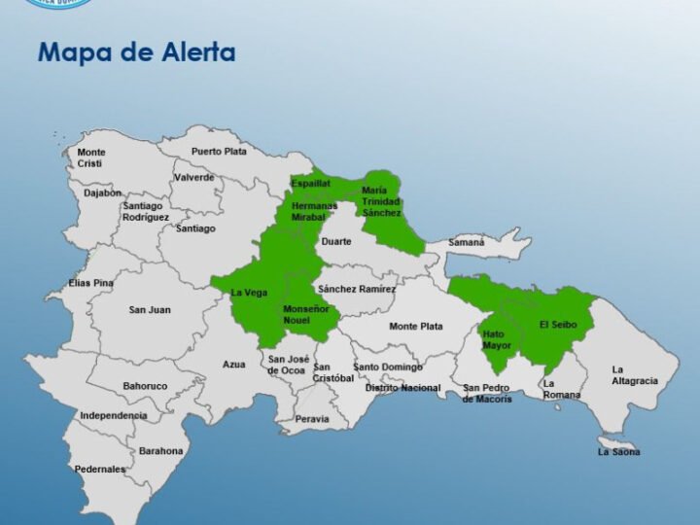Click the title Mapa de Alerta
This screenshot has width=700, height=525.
pyautogui.click(x=136, y=52)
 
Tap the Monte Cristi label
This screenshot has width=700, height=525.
pyautogui.click(x=91, y=157)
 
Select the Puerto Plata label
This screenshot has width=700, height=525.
pyautogui.click(x=219, y=152)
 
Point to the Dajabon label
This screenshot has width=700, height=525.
pyautogui.click(x=103, y=192)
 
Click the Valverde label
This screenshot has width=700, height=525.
pyautogui.click(x=194, y=178)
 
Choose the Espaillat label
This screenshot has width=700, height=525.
pyautogui.click(x=310, y=183)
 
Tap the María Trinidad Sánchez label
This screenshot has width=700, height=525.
pyautogui.click(x=381, y=201)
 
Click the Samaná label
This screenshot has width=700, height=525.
pyautogui.click(x=466, y=242)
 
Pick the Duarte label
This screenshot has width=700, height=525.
pyautogui.click(x=336, y=241)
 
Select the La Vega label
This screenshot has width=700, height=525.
pyautogui.click(x=249, y=293)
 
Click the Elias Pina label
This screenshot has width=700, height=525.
pyautogui.click(x=91, y=283)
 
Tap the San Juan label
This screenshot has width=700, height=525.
pyautogui.click(x=150, y=310)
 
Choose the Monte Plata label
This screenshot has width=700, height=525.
pyautogui.click(x=416, y=327)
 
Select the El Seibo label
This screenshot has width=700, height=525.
pyautogui.click(x=558, y=326)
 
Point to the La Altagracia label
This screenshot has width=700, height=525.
pyautogui.click(x=634, y=375)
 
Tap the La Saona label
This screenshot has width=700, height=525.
pyautogui.click(x=618, y=452)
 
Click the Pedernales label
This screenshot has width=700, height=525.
pyautogui.click(x=100, y=470)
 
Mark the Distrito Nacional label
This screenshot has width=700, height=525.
pyautogui.click(x=402, y=388)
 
